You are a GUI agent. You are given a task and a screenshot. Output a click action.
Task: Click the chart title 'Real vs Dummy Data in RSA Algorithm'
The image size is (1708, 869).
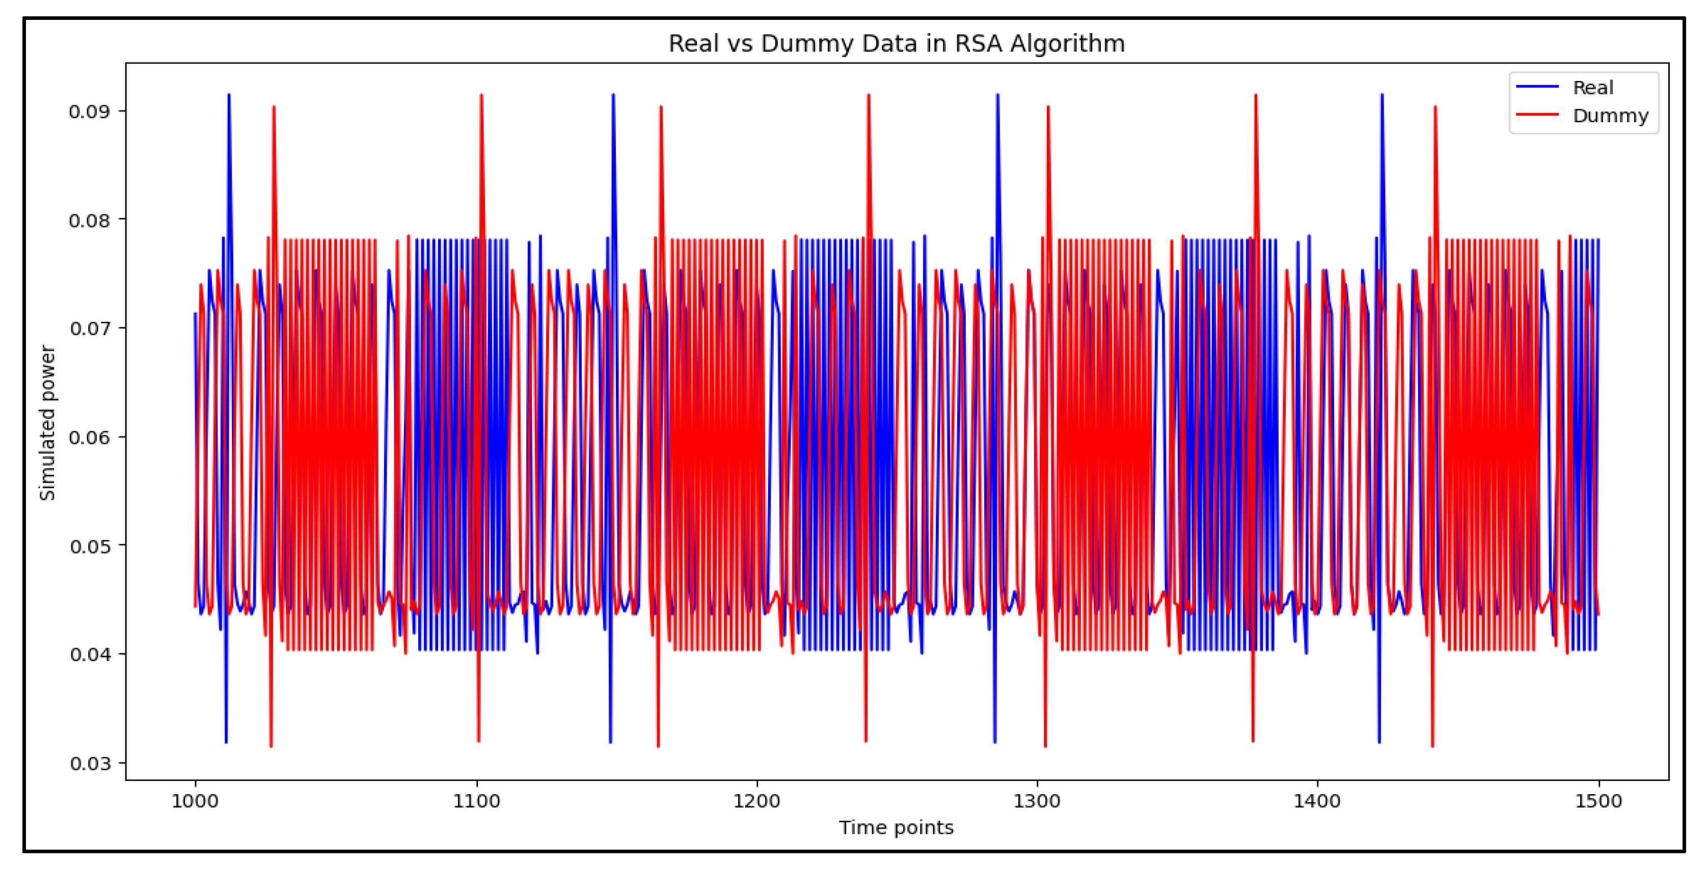896,44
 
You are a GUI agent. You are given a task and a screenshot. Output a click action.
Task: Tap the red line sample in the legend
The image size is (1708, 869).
1536,115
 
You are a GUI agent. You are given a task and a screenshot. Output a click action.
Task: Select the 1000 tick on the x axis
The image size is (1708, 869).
195,801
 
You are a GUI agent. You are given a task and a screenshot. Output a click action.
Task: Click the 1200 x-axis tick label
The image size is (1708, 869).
756,801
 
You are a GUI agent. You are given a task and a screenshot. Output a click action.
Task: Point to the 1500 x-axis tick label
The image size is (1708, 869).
1598,801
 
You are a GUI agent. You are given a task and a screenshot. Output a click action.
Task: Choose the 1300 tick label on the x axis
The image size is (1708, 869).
1037,801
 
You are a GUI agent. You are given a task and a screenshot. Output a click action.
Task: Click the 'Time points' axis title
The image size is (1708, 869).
896,827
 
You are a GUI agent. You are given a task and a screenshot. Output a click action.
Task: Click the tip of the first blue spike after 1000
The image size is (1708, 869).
229,95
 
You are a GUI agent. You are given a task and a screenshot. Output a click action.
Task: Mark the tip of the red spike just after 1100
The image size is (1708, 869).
481,95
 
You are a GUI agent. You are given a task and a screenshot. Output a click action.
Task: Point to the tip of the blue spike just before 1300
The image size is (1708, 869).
997,95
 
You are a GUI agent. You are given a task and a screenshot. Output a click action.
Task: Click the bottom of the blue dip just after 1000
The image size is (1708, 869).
226,742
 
